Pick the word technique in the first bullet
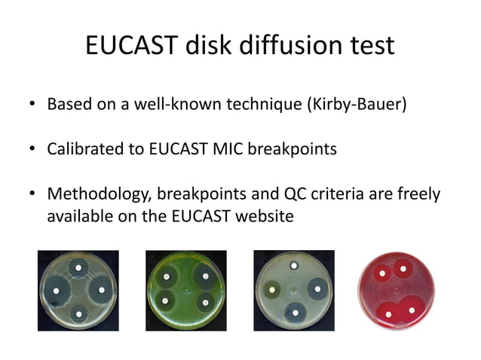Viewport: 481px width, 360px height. coord(263,103)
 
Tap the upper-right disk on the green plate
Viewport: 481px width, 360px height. coord(205,276)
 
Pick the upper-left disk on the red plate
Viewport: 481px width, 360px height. coord(383,272)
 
